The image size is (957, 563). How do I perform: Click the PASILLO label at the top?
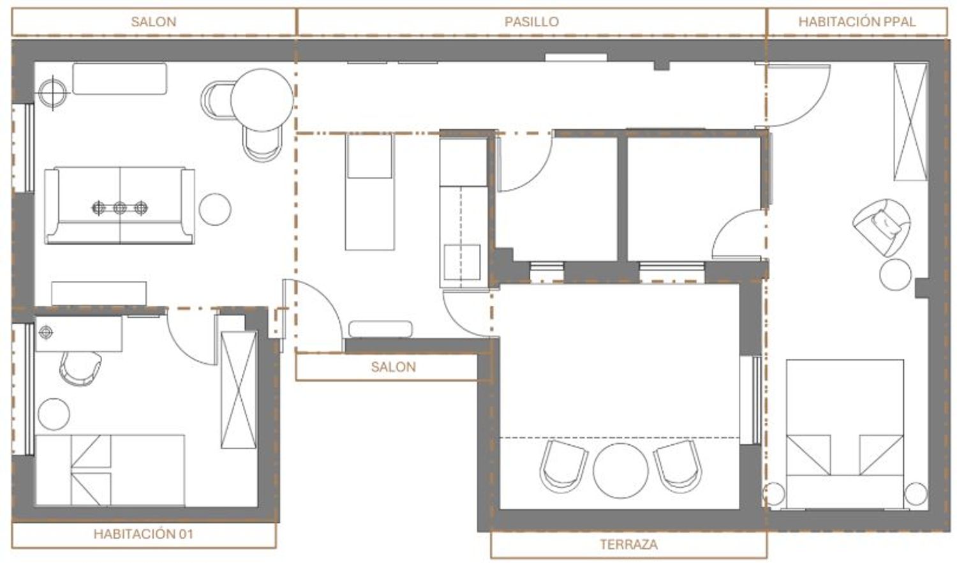pos(531,22)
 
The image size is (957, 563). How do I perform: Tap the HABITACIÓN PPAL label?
pos(857,22)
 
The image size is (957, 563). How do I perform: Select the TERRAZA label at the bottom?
pos(628,544)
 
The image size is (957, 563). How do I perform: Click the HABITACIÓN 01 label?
pos(144,534)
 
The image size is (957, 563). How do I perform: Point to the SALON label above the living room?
pos(153,22)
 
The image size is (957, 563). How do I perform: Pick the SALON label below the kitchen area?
pos(393,367)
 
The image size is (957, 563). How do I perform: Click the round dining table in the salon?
pos(262,100)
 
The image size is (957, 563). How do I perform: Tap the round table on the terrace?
pos(620,470)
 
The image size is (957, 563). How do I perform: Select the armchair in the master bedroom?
pos(881,227)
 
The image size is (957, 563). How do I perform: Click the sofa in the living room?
pos(120,206)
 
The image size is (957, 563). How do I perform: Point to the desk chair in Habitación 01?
pos(80,368)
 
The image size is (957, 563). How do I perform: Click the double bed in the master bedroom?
pos(845,434)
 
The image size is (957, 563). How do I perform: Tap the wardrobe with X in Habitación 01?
pos(239,390)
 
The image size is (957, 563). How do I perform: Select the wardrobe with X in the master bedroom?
pos(911,122)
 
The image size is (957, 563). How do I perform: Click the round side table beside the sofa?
pos(215,209)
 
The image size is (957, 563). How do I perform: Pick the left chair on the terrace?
pos(563,466)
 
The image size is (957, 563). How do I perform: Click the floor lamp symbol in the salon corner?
pos(52,93)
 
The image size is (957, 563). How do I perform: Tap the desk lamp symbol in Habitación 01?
pos(46,332)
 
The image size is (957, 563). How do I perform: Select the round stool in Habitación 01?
pos(54,414)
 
